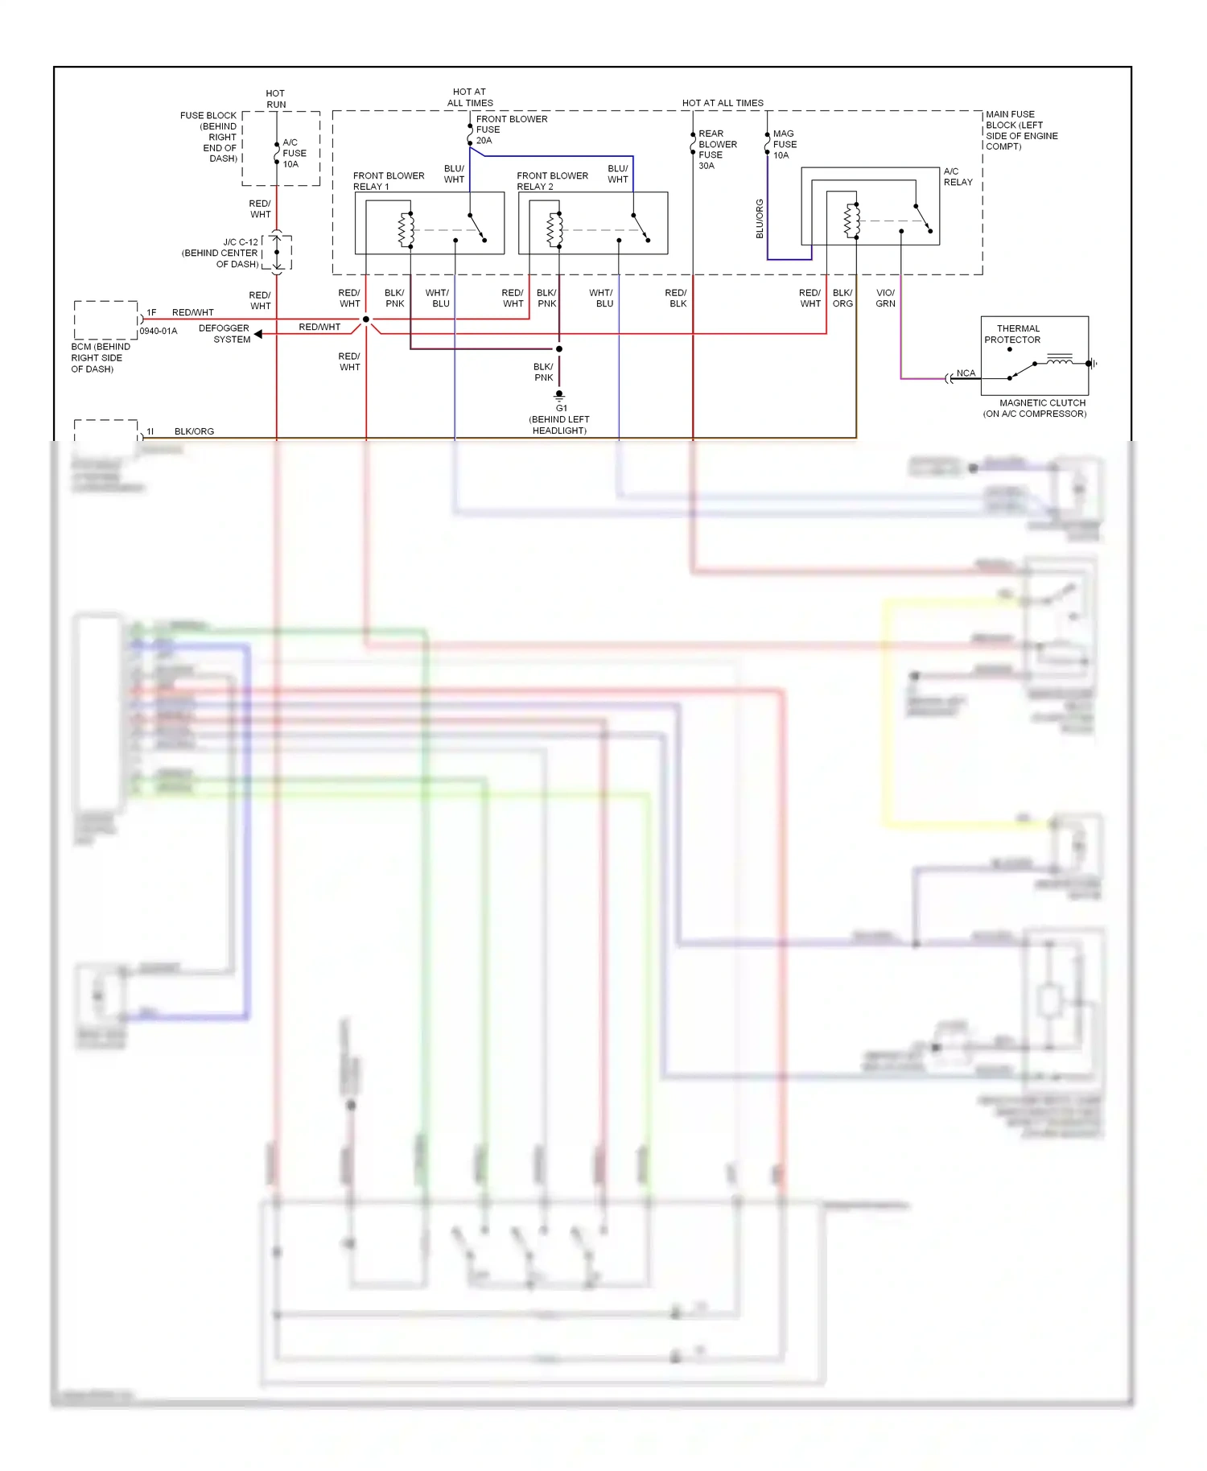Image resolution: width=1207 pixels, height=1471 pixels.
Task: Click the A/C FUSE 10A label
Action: coord(294,153)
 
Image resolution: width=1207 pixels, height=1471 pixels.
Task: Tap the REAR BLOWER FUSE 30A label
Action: coord(717,150)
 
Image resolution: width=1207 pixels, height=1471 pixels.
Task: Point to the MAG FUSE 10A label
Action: coord(785,145)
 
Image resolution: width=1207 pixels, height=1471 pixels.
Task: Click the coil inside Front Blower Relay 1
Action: coord(406,229)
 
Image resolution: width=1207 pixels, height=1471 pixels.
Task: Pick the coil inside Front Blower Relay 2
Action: coord(554,229)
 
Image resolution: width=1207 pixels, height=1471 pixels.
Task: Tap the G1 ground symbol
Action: coord(559,395)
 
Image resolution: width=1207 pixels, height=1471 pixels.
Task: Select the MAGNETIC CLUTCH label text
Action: coord(1042,403)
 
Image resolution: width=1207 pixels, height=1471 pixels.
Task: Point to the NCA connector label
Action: coord(966,373)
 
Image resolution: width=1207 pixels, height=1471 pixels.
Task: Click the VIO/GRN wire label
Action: coord(885,299)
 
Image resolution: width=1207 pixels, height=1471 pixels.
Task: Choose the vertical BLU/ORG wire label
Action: coord(760,219)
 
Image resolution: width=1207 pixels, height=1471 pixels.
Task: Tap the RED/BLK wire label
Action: coord(676,299)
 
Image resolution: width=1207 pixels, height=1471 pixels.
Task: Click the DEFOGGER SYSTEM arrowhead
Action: coord(258,334)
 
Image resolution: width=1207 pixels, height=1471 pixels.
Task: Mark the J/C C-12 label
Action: coord(241,242)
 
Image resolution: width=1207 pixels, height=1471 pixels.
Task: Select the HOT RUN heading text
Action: coord(275,99)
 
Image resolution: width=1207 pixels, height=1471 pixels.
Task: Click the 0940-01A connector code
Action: coord(159,332)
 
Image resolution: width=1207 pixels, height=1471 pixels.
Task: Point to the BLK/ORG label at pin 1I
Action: coord(194,431)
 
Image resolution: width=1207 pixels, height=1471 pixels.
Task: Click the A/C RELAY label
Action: coord(958,177)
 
